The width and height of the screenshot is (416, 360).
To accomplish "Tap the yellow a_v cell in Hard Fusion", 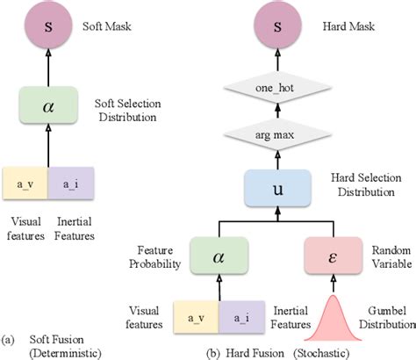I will coord(195,314).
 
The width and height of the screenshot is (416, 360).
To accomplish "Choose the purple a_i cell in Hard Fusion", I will coord(239,314).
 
